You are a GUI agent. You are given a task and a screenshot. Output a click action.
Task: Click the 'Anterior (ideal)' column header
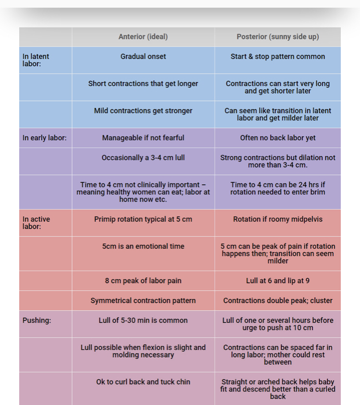point(143,36)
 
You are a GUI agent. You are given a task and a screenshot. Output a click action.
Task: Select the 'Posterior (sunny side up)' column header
point(277,36)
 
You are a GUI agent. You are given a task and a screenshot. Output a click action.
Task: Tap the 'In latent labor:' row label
point(36,60)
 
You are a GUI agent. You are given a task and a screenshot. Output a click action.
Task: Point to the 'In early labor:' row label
point(44,138)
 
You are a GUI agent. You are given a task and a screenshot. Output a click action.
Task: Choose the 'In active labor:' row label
point(36,223)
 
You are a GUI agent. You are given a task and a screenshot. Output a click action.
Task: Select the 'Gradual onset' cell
point(143,56)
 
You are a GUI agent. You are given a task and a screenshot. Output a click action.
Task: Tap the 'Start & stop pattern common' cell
point(277,56)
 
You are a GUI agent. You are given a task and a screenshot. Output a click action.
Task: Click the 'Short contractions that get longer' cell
point(143,83)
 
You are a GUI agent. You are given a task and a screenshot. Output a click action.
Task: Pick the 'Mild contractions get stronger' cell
point(143,110)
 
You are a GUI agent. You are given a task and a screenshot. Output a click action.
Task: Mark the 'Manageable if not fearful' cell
point(143,138)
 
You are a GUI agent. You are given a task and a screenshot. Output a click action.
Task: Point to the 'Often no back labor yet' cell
point(277,138)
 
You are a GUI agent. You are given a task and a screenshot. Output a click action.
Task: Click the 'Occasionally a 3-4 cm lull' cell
point(143,157)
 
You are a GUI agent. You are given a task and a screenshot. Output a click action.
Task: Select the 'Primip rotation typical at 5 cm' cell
point(143,219)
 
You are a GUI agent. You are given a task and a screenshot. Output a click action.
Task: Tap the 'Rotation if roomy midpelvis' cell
point(277,219)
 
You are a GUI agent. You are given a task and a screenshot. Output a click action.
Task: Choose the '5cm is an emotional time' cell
point(143,246)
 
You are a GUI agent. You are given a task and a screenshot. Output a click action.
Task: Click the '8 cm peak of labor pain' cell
point(143,281)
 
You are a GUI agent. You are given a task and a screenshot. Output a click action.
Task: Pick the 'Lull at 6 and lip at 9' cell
point(277,281)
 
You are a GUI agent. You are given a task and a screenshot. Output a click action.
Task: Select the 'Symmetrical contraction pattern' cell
point(143,300)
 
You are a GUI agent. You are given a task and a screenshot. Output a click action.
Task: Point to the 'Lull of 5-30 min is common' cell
point(143,320)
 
